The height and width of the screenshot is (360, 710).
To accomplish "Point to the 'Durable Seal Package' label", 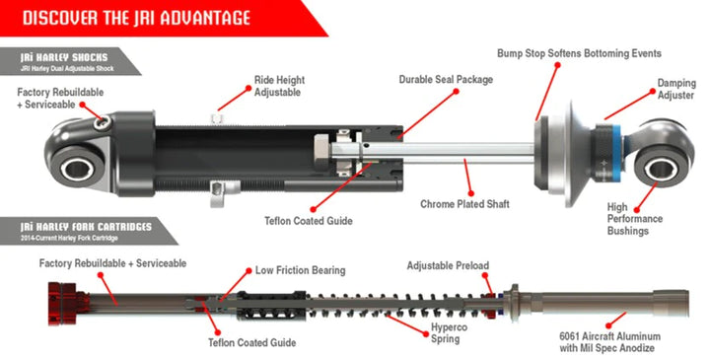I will tap(448, 79).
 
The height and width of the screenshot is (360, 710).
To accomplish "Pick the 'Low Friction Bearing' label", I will tap(301, 269).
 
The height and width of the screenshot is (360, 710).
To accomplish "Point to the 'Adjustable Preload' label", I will tap(448, 266).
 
